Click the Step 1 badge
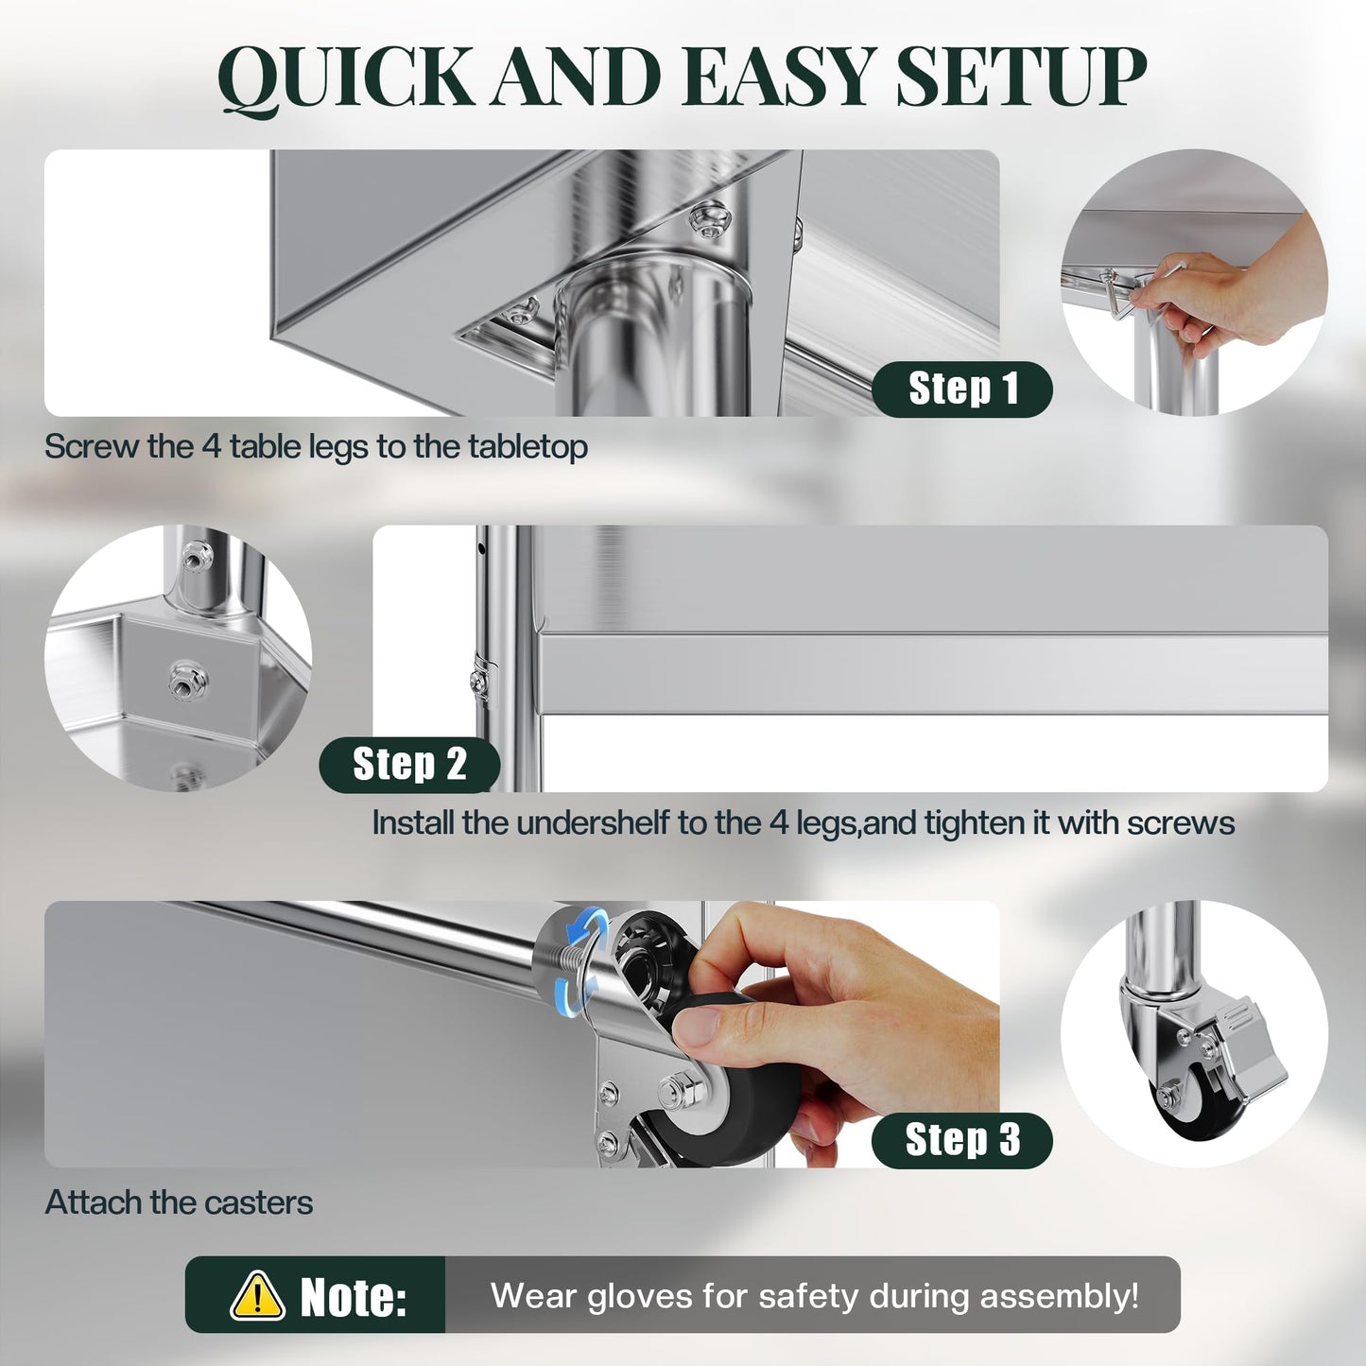pyautogui.click(x=962, y=389)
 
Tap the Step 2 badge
pyautogui.click(x=409, y=765)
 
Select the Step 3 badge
pyautogui.click(x=962, y=1141)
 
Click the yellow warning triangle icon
pyautogui.click(x=257, y=1296)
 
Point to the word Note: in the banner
pyautogui.click(x=353, y=1297)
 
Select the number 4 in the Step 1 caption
pyautogui.click(x=212, y=447)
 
